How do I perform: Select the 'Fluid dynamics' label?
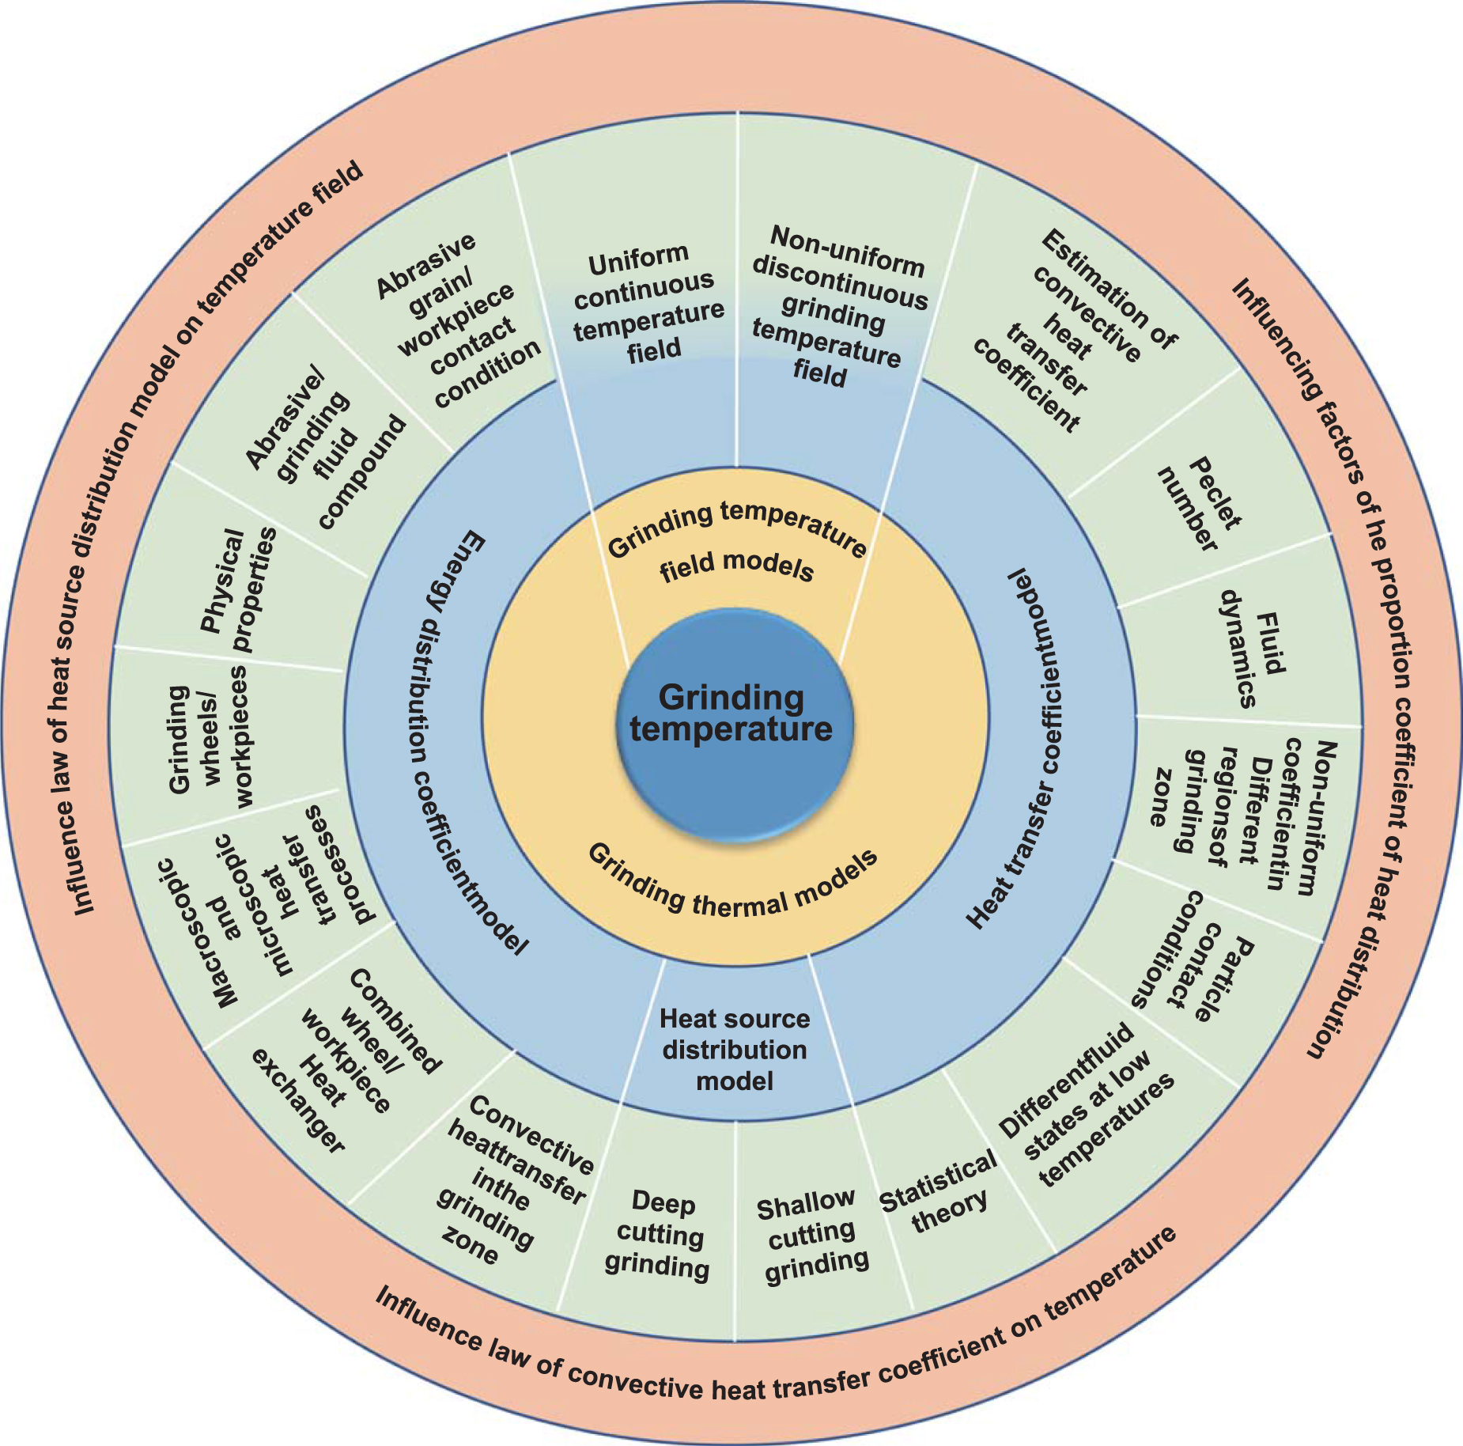coord(1249,649)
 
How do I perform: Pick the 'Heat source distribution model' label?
coord(735,1050)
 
